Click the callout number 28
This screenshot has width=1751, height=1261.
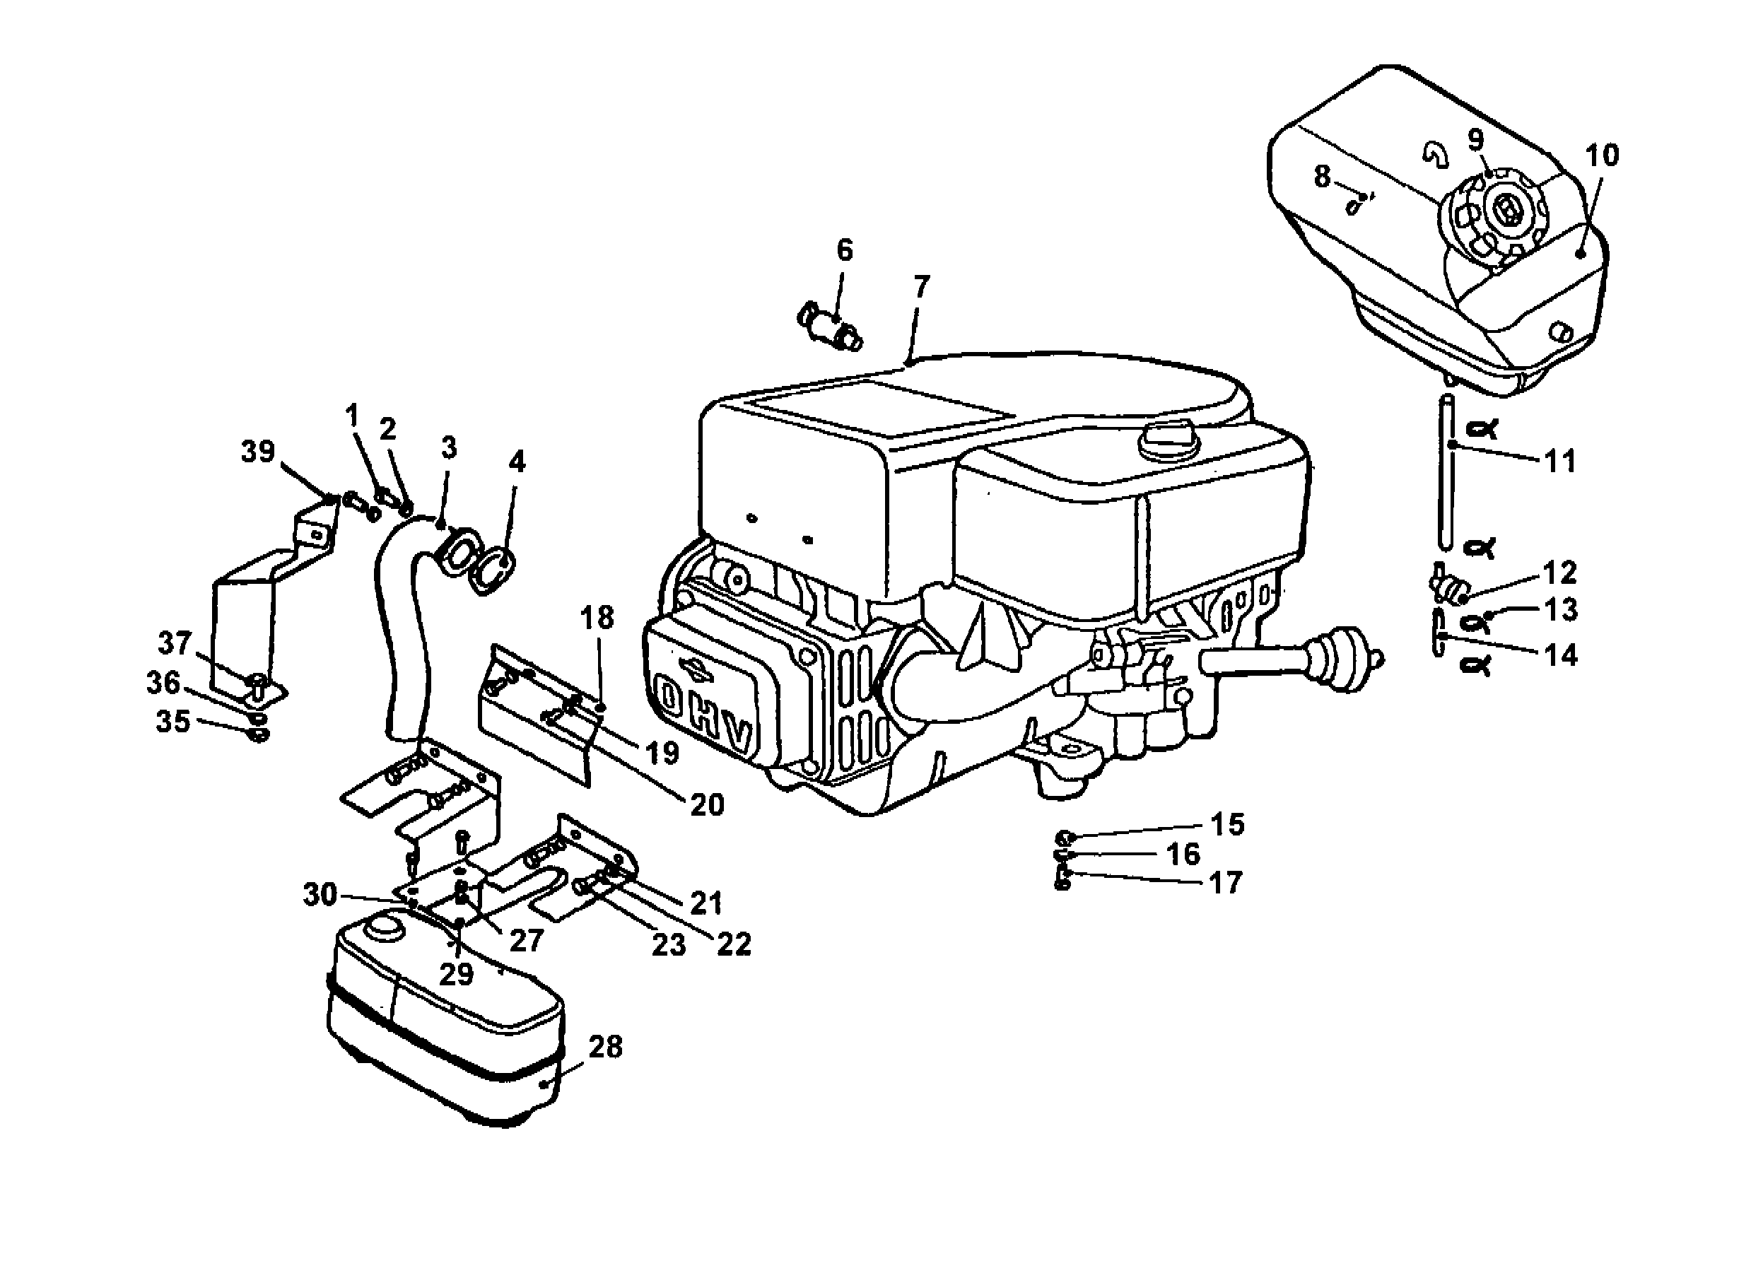click(605, 1048)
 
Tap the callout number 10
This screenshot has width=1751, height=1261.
click(1602, 156)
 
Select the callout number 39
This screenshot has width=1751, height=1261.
click(258, 451)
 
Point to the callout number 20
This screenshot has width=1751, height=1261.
click(707, 804)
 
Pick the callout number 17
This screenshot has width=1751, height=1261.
click(1225, 883)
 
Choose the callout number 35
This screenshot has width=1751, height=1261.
click(173, 721)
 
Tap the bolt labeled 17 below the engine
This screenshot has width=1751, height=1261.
click(1063, 879)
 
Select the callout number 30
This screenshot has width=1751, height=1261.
click(320, 894)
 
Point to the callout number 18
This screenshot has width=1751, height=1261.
click(597, 618)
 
